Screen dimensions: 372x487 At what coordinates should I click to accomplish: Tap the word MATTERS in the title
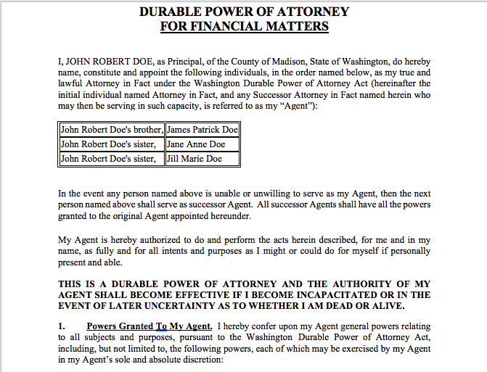coord(296,27)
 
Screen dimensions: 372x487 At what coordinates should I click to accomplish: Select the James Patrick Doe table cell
coord(202,131)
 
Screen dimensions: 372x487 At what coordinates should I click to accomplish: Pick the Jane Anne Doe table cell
coord(196,144)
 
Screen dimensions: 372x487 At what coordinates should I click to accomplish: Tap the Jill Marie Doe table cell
coord(195,158)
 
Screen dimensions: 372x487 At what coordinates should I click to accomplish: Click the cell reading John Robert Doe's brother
coord(111,131)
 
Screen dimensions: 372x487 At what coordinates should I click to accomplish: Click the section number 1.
coord(62,326)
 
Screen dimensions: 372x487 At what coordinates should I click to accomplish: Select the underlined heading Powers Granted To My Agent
coord(149,326)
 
